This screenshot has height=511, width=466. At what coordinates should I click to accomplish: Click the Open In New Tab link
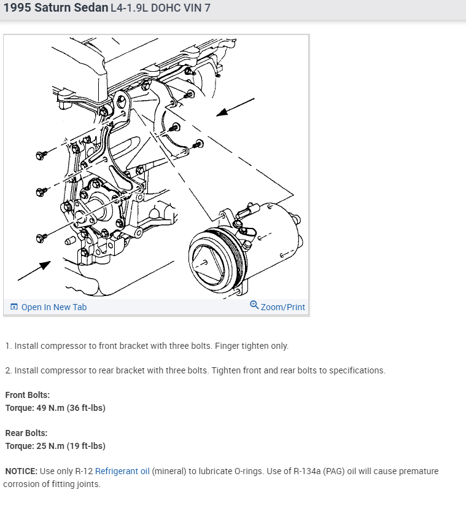coord(53,307)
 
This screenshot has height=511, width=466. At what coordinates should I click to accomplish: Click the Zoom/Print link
coord(282,307)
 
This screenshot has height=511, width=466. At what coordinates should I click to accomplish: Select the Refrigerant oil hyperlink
coord(122,472)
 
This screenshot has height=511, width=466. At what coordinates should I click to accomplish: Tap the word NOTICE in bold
coord(21,472)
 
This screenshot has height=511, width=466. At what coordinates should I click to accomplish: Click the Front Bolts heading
coord(28,395)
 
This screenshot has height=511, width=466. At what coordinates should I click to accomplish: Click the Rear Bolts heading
coord(26,433)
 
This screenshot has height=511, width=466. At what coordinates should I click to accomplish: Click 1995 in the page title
coord(17,9)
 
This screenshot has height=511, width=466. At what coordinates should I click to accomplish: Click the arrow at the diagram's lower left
coord(34,271)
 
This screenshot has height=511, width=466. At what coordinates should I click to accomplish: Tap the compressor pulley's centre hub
coord(205,260)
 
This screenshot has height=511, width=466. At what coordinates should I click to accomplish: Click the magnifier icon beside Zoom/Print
coord(254,305)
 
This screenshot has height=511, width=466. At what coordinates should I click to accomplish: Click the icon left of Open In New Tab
coord(14,307)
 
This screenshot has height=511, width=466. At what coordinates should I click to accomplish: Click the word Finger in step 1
coord(229,346)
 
